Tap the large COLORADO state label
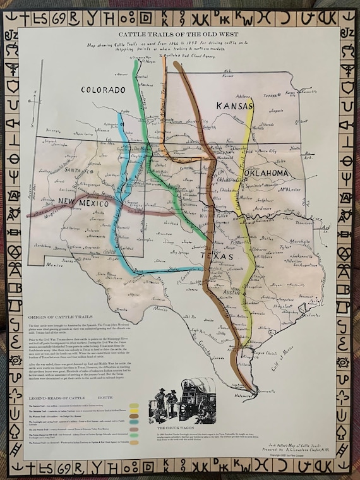[x=104, y=90]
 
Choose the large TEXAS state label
[x=224, y=258]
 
